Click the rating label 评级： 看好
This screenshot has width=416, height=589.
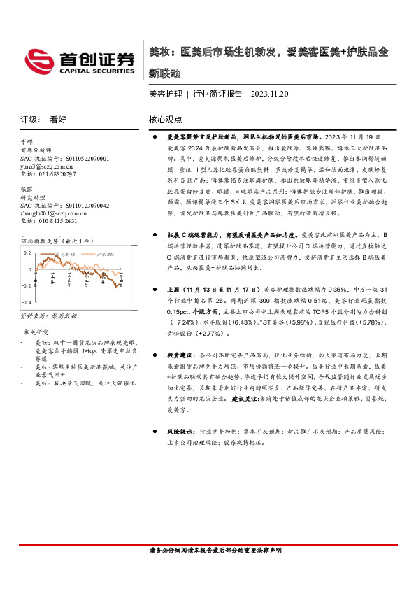[x=42, y=120]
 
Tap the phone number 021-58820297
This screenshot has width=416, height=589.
[x=48, y=174]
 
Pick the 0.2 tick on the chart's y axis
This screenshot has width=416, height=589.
[x=29, y=250]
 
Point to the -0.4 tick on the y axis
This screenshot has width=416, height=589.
[x=27, y=301]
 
